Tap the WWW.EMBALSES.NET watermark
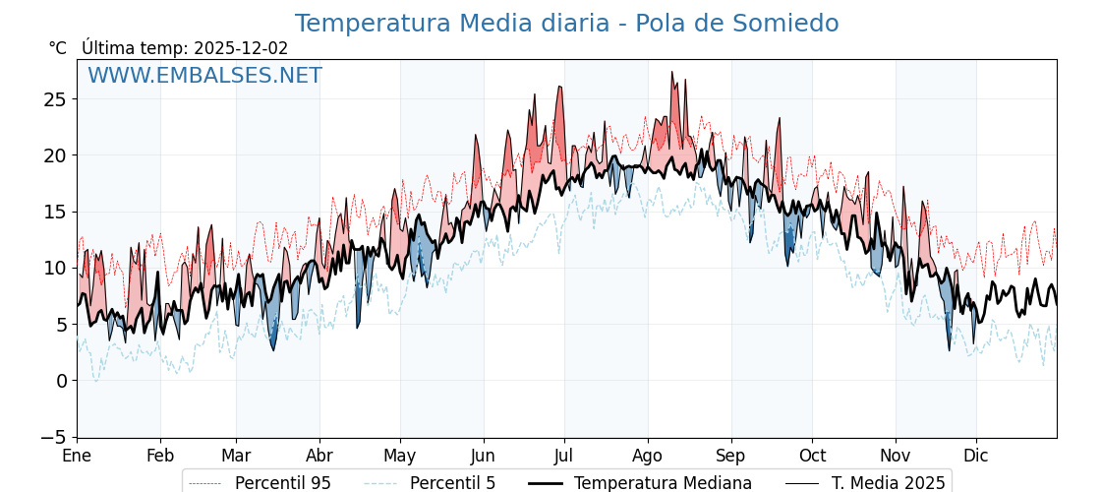click(x=204, y=76)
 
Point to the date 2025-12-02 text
click(x=241, y=48)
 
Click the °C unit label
click(x=58, y=48)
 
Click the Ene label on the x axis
click(x=77, y=457)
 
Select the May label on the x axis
click(x=400, y=457)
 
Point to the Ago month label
click(x=648, y=457)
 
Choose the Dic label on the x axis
click(x=976, y=457)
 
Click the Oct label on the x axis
click(x=812, y=457)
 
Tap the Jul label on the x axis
click(x=564, y=457)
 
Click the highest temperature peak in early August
click(x=672, y=72)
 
